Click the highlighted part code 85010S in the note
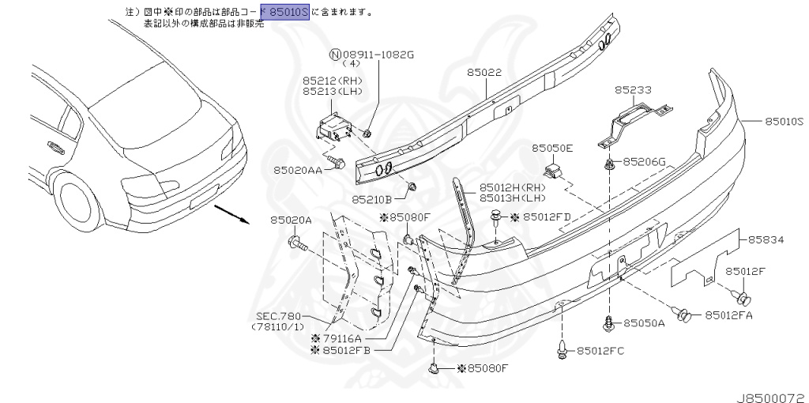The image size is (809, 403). pyautogui.click(x=289, y=13)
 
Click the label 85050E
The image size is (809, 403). pyautogui.click(x=552, y=148)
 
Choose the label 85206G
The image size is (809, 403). pyautogui.click(x=644, y=162)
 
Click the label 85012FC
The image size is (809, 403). pyautogui.click(x=600, y=350)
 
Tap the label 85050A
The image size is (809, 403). pyautogui.click(x=643, y=323)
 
